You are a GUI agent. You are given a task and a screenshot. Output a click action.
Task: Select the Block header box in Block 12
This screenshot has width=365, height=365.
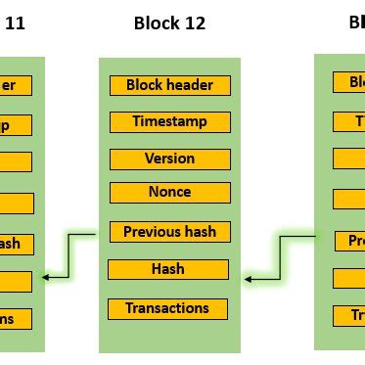(x=170, y=85)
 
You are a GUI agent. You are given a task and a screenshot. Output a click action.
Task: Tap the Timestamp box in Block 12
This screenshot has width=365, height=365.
(x=170, y=122)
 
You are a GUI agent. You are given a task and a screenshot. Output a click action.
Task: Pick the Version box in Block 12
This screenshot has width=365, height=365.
(x=169, y=159)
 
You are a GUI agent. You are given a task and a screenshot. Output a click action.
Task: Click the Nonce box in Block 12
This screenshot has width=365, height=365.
(x=169, y=193)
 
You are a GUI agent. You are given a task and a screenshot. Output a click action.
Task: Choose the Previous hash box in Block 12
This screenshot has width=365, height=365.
(x=169, y=233)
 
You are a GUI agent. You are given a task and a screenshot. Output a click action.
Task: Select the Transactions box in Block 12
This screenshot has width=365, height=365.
(x=167, y=309)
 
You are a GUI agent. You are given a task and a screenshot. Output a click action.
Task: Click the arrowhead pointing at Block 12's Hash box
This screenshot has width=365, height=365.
(x=249, y=280)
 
